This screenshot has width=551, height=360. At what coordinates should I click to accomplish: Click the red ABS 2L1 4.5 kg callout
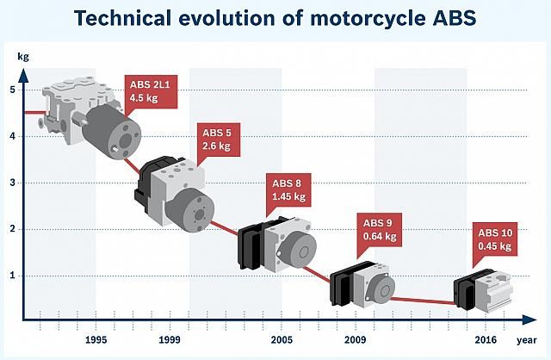[152, 92]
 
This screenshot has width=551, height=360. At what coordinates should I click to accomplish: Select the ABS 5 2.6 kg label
[218, 140]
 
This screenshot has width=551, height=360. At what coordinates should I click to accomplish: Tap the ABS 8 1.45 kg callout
[289, 189]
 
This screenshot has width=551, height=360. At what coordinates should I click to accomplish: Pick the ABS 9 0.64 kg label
[380, 230]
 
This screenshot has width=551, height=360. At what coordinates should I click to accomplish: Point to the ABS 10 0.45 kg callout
[495, 239]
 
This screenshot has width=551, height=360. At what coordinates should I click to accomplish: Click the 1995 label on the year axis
[96, 340]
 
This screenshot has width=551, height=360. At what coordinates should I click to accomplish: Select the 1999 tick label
[170, 340]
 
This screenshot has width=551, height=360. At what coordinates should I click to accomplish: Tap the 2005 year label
[282, 340]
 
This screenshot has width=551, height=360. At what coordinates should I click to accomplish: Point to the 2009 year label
[355, 340]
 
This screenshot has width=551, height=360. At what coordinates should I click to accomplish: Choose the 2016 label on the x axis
[486, 340]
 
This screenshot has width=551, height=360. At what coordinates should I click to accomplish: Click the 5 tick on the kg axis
[13, 90]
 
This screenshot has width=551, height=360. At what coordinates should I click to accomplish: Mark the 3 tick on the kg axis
[13, 183]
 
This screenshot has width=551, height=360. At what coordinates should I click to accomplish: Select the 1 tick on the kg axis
[13, 276]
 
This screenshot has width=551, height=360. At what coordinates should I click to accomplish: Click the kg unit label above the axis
[23, 57]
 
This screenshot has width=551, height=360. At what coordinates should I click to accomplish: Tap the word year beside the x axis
[527, 340]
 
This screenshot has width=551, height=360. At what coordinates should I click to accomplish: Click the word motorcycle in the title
[368, 18]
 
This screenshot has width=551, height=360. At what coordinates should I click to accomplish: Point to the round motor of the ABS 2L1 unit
[112, 133]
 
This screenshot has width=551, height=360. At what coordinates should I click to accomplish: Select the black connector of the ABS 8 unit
[251, 244]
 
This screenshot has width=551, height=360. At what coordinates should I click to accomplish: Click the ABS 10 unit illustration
[483, 291]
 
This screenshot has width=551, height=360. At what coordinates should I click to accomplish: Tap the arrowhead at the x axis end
[529, 320]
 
